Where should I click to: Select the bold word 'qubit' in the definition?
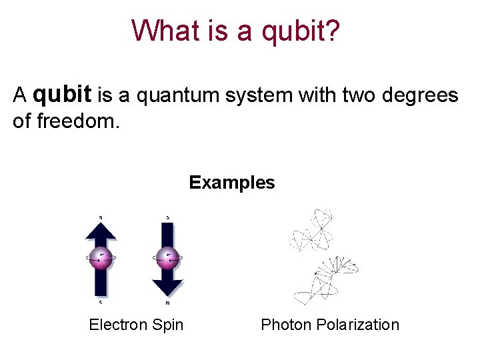(62, 95)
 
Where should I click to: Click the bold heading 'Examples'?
(231, 183)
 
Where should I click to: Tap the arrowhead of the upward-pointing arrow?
(101, 230)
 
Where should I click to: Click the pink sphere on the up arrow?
(101, 257)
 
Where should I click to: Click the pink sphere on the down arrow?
(167, 257)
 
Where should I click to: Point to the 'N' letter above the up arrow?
(101, 217)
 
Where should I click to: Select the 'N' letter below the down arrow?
(167, 303)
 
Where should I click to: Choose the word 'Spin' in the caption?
(169, 325)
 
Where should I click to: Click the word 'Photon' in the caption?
(286, 325)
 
